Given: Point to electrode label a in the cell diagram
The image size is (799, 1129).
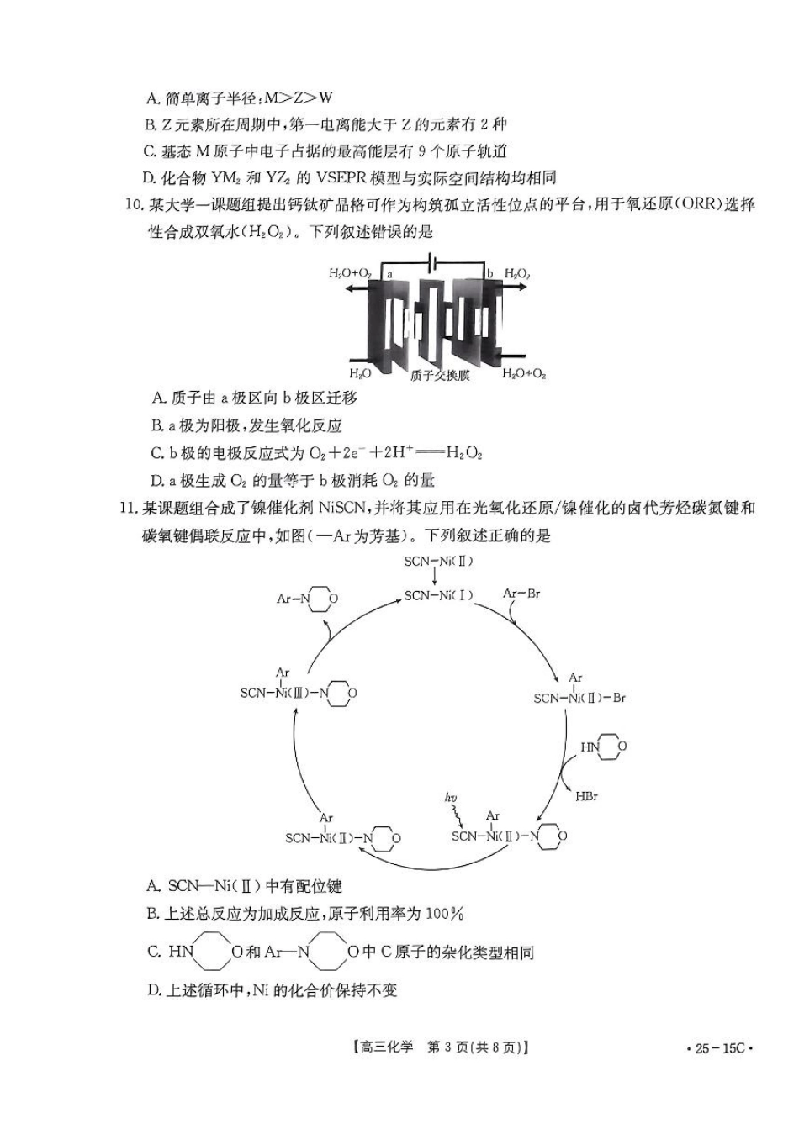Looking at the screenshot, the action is pos(389,273).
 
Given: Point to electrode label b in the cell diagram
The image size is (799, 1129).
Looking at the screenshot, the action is pos(489,273).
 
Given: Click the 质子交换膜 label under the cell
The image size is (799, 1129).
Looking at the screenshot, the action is pos(440,376).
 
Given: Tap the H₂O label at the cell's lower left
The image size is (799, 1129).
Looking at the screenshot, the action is pos(360,372).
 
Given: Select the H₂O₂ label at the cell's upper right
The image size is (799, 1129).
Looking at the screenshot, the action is pos(517,274).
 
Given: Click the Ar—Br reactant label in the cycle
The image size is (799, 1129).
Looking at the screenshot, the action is pos(521,594).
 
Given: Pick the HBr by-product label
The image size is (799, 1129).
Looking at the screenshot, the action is pos(586,796).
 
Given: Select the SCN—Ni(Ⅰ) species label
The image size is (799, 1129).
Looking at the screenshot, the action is pos(438,595).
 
